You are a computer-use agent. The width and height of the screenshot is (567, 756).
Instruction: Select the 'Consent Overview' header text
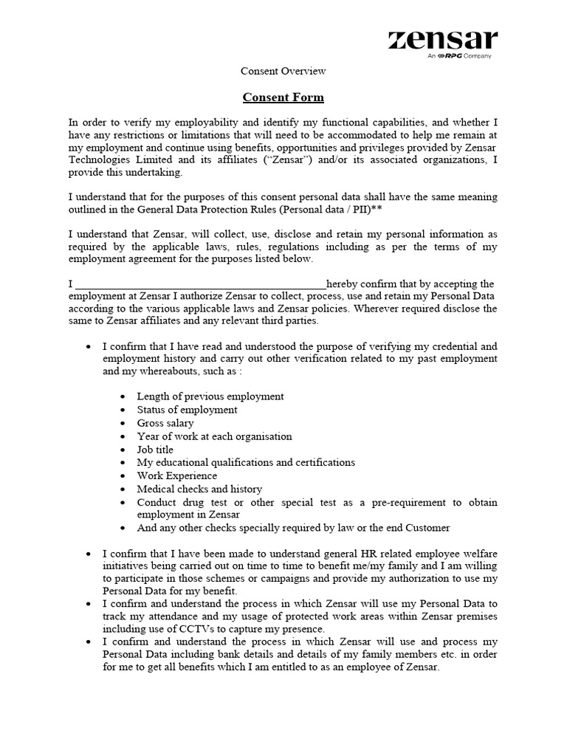tap(283, 72)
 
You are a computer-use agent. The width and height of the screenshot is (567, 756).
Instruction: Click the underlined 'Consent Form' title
tap(283, 97)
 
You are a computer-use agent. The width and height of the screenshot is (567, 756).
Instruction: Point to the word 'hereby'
tap(343, 284)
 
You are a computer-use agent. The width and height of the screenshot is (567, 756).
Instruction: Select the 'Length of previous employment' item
tap(210, 396)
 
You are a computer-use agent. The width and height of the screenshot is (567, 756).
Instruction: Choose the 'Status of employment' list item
tap(187, 410)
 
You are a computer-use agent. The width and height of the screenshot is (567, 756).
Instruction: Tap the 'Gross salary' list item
tap(165, 423)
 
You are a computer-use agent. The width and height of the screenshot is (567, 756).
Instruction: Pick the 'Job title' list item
tap(155, 450)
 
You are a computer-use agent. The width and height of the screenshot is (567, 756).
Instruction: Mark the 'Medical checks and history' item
tap(199, 489)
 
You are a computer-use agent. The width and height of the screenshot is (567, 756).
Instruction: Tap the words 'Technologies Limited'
tap(121, 159)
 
